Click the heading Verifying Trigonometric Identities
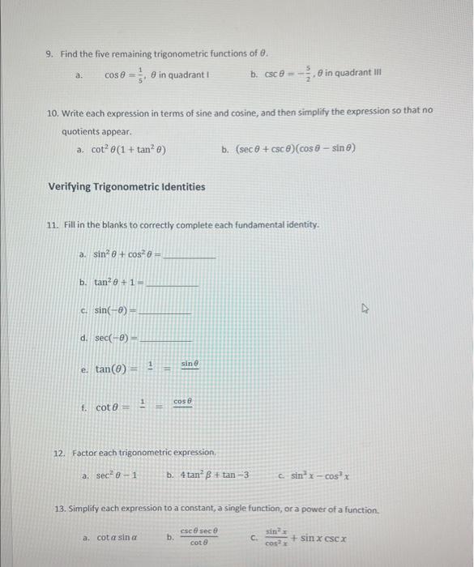click(126, 187)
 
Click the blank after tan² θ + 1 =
click(172, 283)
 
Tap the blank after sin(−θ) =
click(165, 311)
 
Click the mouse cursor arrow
click(366, 308)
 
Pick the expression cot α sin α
click(117, 538)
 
